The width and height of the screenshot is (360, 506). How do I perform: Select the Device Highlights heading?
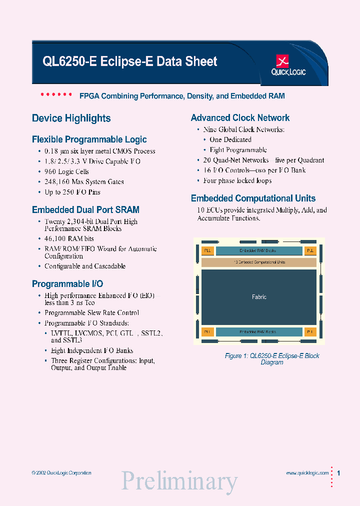pyautogui.click(x=71, y=118)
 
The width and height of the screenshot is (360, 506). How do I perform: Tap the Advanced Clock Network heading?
pyautogui.click(x=240, y=118)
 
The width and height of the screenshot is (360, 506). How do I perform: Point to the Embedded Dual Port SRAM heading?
pyautogui.click(x=85, y=210)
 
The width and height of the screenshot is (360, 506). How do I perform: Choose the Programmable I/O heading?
pyautogui.click(x=67, y=284)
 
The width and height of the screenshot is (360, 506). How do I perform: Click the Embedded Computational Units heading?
pyautogui.click(x=253, y=198)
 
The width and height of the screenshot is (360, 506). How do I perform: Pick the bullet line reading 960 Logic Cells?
pyautogui.click(x=66, y=171)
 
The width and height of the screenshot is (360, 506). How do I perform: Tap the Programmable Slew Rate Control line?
pyautogui.click(x=91, y=313)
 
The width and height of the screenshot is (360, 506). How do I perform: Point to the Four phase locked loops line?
pyautogui.click(x=237, y=180)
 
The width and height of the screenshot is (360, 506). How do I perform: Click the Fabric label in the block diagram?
pyautogui.click(x=259, y=297)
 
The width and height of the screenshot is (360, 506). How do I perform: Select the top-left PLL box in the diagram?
pyautogui.click(x=207, y=250)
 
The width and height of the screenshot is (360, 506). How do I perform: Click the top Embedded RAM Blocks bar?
pyautogui.click(x=258, y=250)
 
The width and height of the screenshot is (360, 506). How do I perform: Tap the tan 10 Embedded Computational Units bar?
pyautogui.click(x=258, y=261)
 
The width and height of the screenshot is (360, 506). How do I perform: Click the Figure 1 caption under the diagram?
pyautogui.click(x=272, y=359)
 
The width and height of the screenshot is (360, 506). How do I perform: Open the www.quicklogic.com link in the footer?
pyautogui.click(x=307, y=473)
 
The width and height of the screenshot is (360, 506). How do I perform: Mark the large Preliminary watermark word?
pyautogui.click(x=179, y=481)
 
